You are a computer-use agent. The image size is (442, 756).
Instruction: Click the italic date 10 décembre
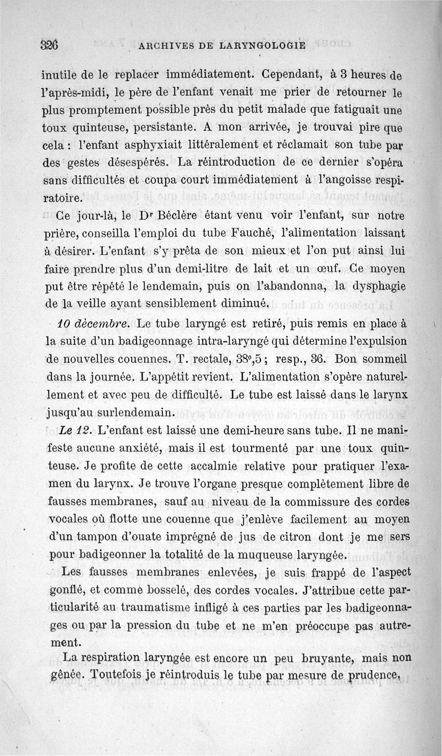(92, 323)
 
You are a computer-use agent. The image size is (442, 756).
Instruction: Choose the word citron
(333, 538)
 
